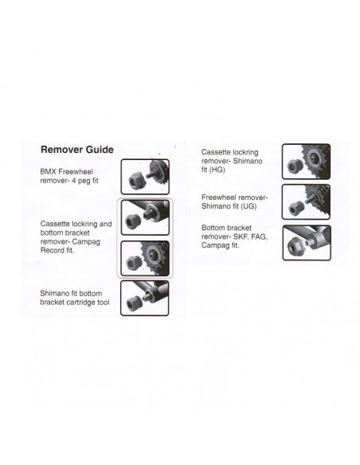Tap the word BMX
tap(50, 171)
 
